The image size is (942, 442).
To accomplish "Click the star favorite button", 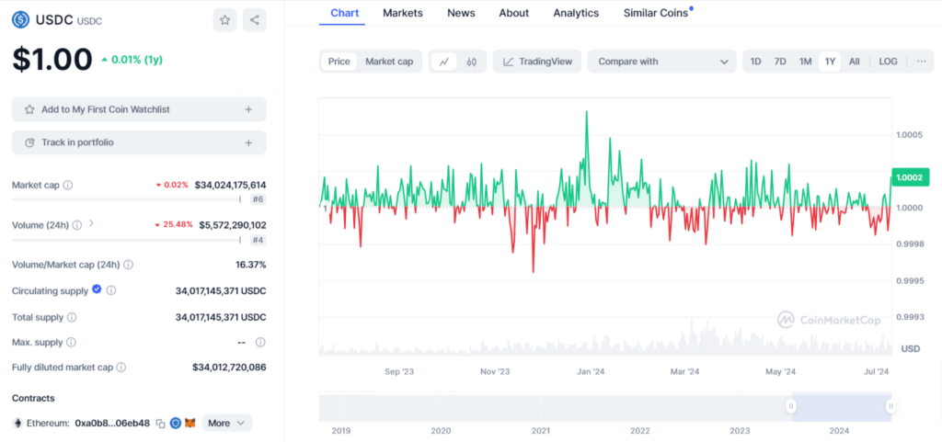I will (224, 19).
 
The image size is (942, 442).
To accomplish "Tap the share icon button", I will (254, 19).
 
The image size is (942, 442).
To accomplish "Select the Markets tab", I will (403, 13).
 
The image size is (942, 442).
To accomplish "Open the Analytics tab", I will (576, 13).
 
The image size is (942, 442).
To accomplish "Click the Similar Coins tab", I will (657, 13).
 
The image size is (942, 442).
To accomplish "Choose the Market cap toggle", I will (389, 62).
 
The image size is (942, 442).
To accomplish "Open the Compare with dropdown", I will (661, 62).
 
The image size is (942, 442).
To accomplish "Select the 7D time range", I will (780, 62).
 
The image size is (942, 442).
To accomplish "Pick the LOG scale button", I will (888, 62).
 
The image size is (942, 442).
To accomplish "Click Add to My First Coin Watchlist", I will (139, 109).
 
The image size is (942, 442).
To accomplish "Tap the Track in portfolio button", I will (139, 142).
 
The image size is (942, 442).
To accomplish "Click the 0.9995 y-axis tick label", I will (910, 280).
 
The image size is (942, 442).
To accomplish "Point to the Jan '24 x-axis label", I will (590, 372).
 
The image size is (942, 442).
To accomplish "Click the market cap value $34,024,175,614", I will (230, 185).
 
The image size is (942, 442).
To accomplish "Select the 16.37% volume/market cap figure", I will (250, 265).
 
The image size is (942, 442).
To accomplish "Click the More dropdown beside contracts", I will (226, 423).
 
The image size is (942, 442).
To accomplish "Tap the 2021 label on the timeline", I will (540, 430).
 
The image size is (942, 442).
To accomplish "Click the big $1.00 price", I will (52, 60).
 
